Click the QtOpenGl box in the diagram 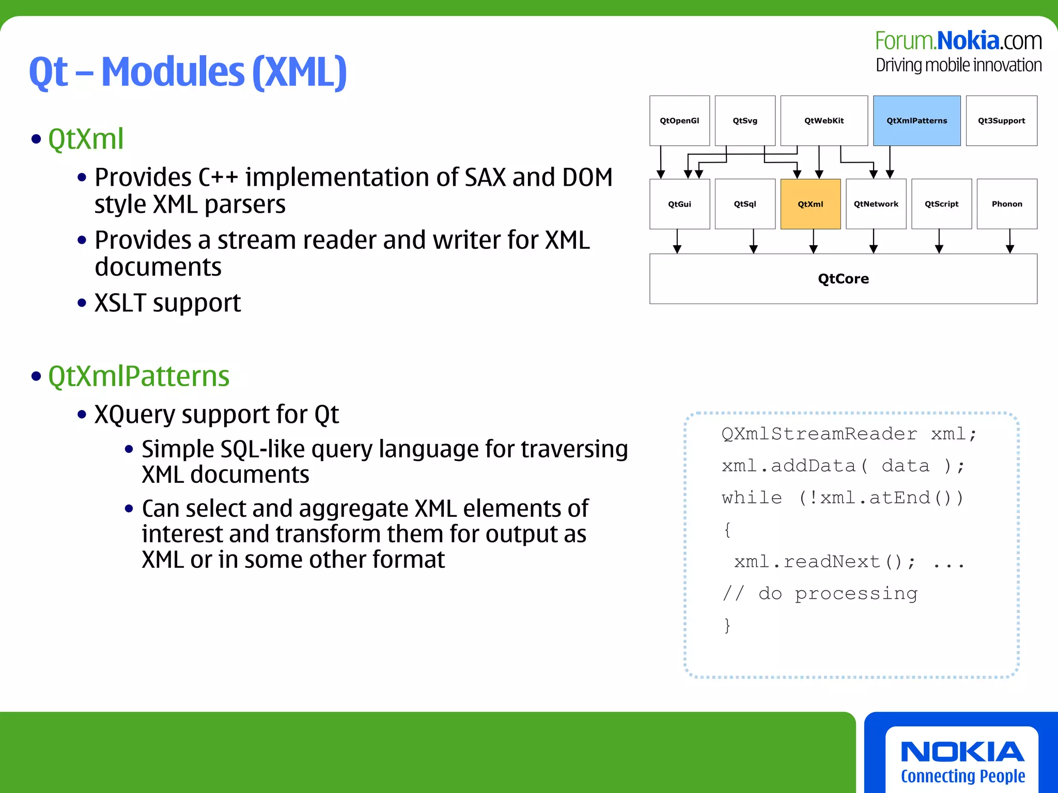[x=679, y=121]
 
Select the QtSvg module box [x=745, y=121]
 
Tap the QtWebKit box [x=824, y=121]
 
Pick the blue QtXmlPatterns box [x=917, y=121]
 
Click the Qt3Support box [x=1001, y=121]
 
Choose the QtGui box [x=679, y=204]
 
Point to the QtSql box [x=745, y=204]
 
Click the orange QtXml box [x=810, y=204]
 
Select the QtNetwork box [x=876, y=204]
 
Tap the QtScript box [x=941, y=204]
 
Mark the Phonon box [x=1007, y=204]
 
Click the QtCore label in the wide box [x=843, y=279]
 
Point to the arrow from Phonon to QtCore [x=1010, y=241]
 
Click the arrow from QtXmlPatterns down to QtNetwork [x=890, y=162]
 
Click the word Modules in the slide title [x=173, y=72]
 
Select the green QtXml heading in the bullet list [x=86, y=139]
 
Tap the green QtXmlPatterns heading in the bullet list [x=138, y=376]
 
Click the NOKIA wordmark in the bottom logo [x=962, y=752]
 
